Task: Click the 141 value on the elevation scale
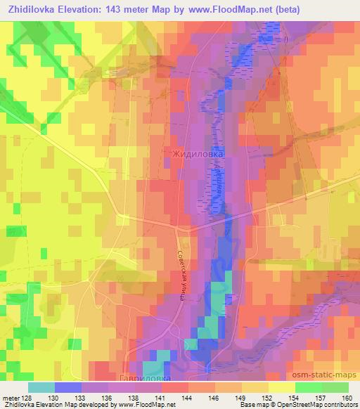click(162, 397)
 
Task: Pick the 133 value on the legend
click(82, 397)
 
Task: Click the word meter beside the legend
click(11, 397)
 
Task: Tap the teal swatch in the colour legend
click(41, 387)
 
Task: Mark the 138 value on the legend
click(135, 397)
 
